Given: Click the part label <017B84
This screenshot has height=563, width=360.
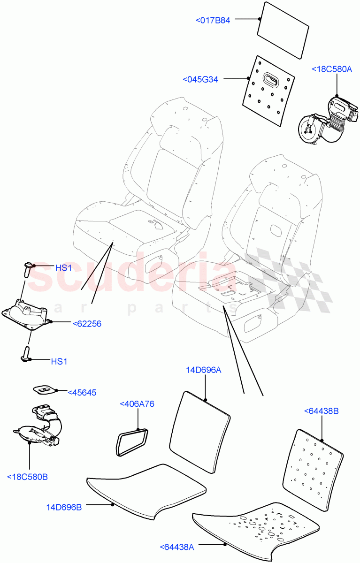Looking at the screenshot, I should pos(213,20).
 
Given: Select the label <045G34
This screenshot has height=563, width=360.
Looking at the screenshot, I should pos(200,80).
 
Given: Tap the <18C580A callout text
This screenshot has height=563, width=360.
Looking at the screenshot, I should pos(331,69).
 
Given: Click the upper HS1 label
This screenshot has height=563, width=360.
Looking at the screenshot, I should pos(63,268).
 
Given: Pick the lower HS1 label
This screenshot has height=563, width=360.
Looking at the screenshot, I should pos(59,362).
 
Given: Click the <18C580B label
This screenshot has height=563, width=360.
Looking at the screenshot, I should pos(28,477).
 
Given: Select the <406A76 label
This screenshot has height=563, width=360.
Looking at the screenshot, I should pos(137,403).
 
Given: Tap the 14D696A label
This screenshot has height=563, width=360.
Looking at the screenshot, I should pos(204,370).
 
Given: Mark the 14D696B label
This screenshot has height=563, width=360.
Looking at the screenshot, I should pos(64,507).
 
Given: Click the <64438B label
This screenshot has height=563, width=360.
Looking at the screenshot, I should pos(322,411).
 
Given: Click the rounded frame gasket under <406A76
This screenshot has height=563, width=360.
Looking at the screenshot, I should pos(130,441).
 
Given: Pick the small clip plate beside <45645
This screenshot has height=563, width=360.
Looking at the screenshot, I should pos(45,389).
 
